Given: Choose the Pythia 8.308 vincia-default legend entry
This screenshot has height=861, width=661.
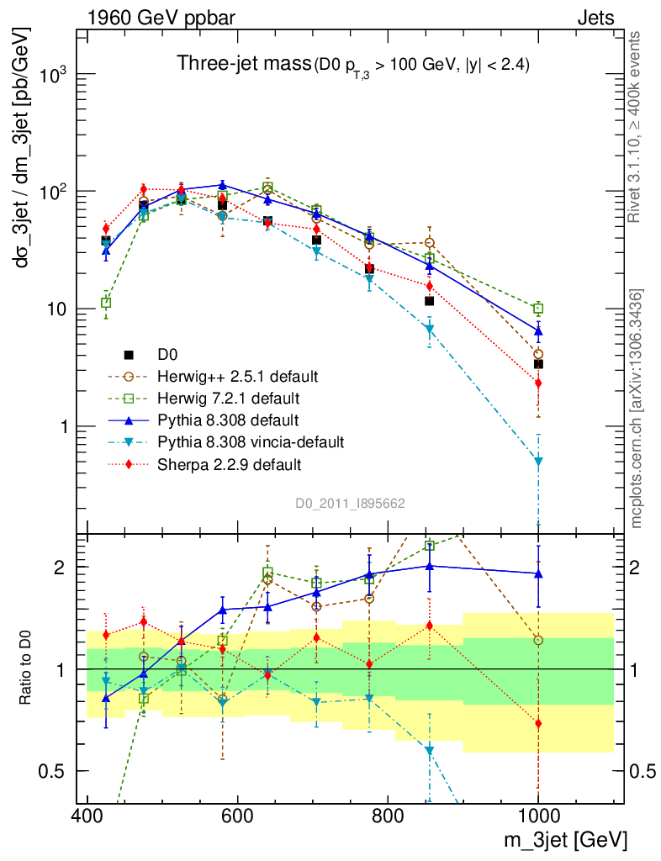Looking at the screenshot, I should click(246, 441).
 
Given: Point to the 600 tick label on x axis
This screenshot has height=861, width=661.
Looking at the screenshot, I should click(237, 816).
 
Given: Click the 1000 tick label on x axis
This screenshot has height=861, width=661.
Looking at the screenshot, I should click(538, 816).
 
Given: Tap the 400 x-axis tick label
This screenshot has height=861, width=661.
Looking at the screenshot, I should click(87, 816).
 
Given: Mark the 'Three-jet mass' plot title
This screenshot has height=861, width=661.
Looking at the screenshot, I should click(242, 63).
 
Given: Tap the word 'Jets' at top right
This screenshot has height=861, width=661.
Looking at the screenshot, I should click(595, 18).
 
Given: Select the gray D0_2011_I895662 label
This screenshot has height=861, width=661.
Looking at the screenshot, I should click(351, 504).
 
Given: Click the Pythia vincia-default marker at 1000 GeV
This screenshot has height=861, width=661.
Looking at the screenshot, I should click(538, 462).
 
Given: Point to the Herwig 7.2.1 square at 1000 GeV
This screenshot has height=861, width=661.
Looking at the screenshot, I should click(538, 309).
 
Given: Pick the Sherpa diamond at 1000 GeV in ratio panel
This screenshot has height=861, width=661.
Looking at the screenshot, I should click(538, 724).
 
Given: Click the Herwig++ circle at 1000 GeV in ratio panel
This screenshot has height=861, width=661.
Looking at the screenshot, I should click(538, 641).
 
